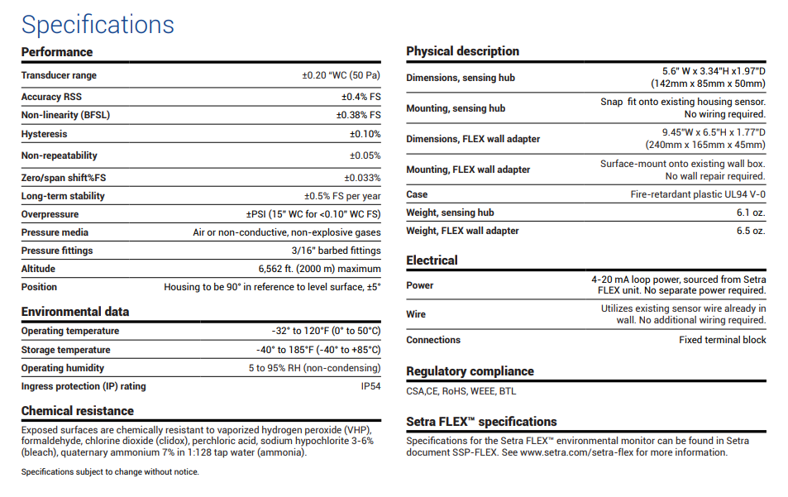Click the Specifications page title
(x=98, y=24)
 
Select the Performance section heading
(x=57, y=52)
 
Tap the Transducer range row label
(x=59, y=75)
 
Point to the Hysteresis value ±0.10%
(x=365, y=134)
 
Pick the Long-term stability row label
(x=63, y=196)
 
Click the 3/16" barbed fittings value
(x=336, y=251)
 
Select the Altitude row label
(x=38, y=269)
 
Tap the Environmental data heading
(x=75, y=312)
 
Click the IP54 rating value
(x=370, y=386)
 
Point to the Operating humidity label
(x=63, y=368)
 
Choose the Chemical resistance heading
(x=78, y=411)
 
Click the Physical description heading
(x=462, y=51)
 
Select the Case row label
(x=417, y=194)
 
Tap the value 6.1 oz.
(x=751, y=213)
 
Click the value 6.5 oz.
(x=751, y=231)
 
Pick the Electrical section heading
(x=432, y=260)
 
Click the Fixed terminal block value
(x=722, y=340)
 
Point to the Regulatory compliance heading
(x=470, y=371)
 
